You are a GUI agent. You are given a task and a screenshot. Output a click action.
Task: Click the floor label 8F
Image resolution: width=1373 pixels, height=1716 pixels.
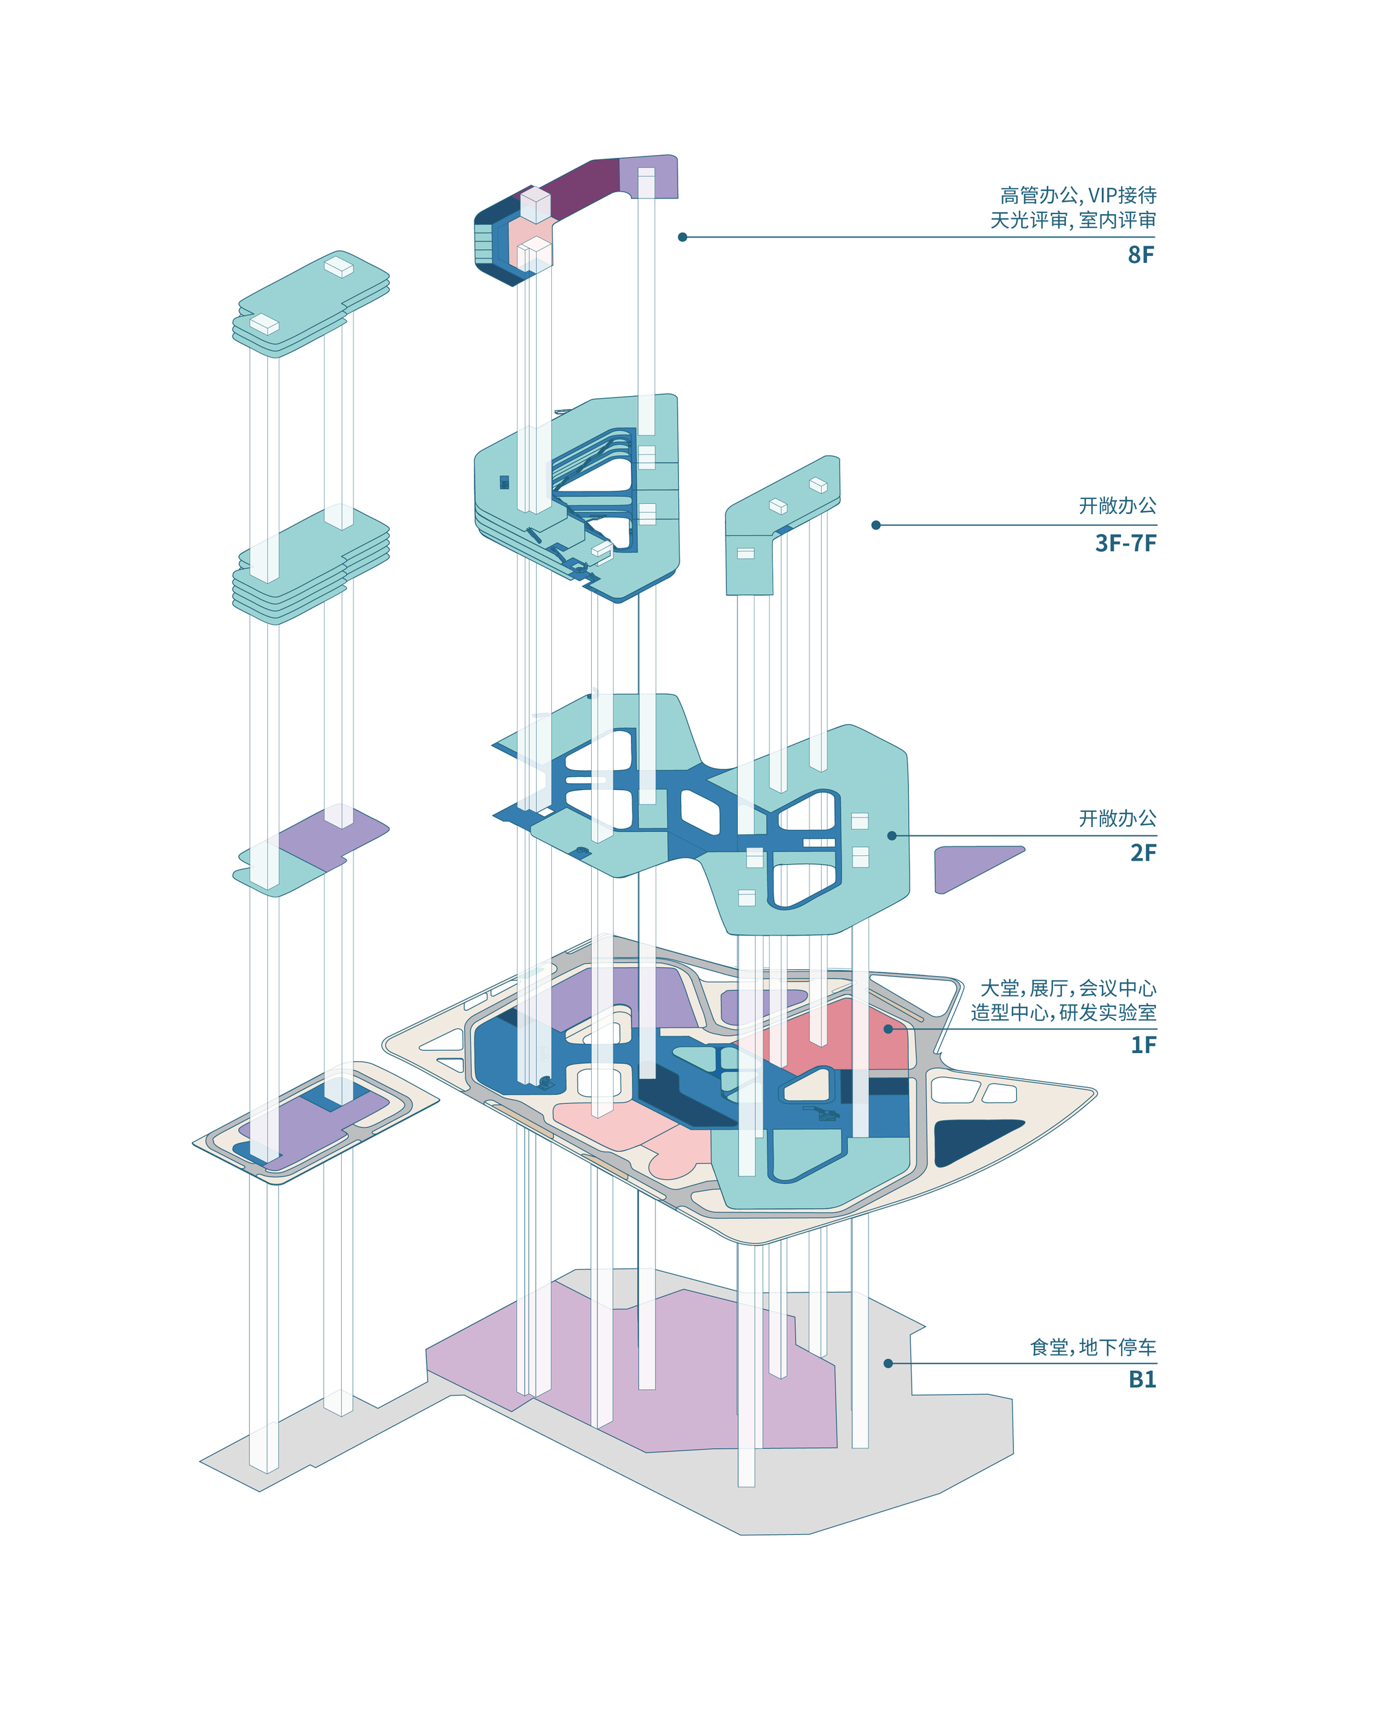[1140, 255]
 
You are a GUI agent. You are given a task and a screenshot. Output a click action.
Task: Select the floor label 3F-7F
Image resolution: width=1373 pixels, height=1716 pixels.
[1125, 543]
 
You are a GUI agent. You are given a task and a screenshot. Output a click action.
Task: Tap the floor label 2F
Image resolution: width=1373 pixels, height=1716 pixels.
[1143, 853]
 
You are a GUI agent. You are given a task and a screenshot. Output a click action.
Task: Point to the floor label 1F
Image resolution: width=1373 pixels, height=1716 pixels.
[1144, 1044]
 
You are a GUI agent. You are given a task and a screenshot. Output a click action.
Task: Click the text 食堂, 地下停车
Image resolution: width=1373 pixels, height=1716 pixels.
[1093, 1347]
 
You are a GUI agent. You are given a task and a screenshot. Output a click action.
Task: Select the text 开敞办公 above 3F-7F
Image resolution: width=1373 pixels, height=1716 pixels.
[1118, 505]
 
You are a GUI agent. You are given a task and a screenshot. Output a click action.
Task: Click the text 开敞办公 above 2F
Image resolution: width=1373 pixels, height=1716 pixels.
[1118, 818]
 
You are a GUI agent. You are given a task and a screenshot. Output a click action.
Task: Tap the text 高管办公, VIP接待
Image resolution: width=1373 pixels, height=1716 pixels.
[1078, 195]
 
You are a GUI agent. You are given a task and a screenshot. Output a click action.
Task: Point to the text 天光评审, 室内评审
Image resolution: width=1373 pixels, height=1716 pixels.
[1073, 220]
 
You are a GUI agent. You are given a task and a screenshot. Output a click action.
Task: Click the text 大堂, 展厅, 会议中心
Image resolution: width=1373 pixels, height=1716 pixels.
[1068, 988]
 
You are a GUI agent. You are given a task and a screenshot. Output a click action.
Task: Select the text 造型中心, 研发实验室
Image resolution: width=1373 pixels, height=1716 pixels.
[1063, 1012]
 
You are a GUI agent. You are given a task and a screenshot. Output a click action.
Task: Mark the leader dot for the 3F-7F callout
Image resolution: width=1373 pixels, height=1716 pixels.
[875, 525]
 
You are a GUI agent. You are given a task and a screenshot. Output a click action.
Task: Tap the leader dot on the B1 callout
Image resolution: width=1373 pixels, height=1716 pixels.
[888, 1363]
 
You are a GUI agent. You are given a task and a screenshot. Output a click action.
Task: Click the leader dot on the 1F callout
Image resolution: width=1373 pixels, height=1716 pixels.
[888, 1029]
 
